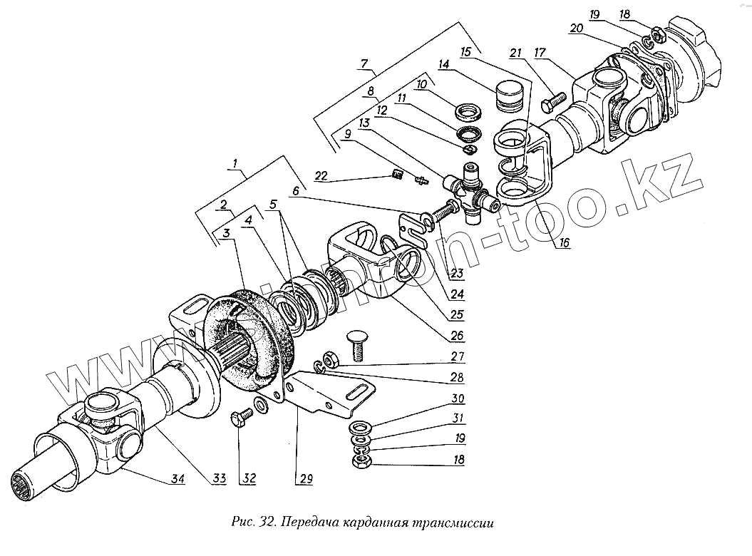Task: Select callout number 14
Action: point(443,64)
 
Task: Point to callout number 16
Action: point(564,243)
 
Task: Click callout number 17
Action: point(539,52)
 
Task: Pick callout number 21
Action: point(516,52)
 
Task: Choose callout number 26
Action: point(456,336)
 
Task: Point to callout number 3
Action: point(225,233)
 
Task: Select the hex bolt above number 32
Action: point(242,416)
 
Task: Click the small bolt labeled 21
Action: point(553,103)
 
